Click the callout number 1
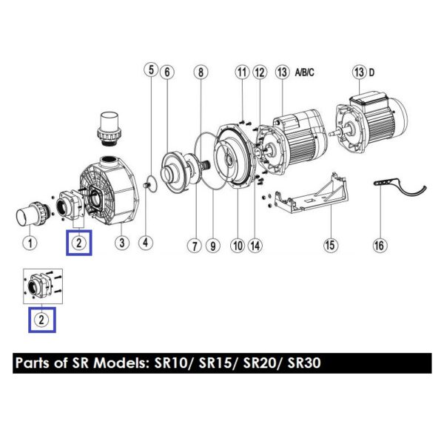pos(30,243)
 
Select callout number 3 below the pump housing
pos(122,243)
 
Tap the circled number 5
pos(151,70)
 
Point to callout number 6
pos(167,72)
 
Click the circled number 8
pos(201,72)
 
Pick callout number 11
pos(242,72)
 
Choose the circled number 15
pos(331,245)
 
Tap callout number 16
pos(380,245)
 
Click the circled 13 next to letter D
pos(360,72)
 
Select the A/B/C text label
pos(305,73)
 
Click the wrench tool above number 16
pos(400,187)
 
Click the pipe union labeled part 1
pos(33,214)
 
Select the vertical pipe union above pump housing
pos(110,128)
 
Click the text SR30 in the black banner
pos(304,363)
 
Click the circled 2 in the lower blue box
pos(41,320)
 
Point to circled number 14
pos(255,245)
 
